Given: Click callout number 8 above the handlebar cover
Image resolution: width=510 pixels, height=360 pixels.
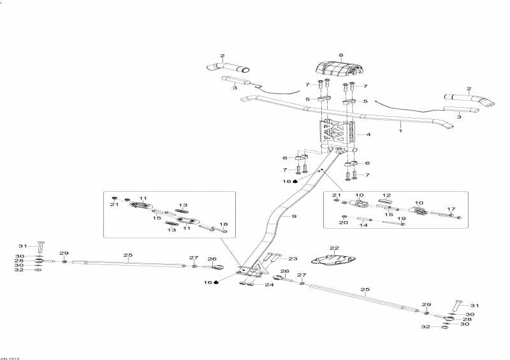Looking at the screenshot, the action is pos(341,55).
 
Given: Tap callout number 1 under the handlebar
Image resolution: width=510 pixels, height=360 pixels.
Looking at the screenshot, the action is pos(401,131).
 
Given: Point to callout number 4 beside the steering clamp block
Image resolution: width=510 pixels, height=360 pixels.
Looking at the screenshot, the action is pos(368,134).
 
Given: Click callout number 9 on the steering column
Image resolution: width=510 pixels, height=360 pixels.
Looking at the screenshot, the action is pos(294,216).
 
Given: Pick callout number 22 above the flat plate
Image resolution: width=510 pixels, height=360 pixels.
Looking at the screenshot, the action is pos(334,248).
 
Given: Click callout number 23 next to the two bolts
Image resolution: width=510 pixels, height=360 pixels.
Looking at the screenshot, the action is pos(293,259).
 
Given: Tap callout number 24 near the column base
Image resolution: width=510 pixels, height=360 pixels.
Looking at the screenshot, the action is pos(270,285).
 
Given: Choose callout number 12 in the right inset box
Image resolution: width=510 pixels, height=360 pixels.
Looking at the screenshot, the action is pos(386,196).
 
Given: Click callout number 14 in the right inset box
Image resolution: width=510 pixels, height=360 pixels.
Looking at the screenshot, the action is pos(363,225).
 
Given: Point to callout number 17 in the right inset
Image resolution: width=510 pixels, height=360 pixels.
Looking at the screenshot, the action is pos(451,209).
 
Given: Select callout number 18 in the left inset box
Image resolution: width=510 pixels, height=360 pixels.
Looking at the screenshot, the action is pos(224,224).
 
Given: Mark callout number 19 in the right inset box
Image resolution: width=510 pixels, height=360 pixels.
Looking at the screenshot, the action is pos(402,219).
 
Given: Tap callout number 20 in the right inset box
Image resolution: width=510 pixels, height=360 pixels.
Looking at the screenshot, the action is pos(344,222).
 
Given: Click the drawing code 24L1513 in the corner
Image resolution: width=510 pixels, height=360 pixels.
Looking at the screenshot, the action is pos(10,358).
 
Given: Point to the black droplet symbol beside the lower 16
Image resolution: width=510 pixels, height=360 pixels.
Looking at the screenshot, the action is pos(216,282).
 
